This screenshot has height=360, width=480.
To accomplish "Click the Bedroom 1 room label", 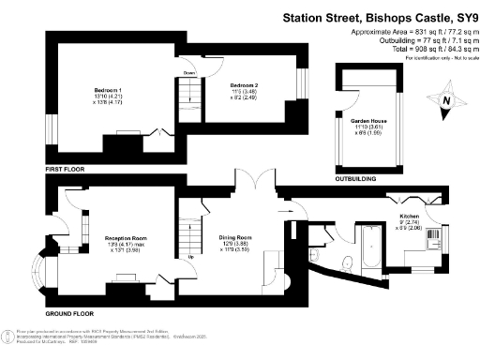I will pos(114,89).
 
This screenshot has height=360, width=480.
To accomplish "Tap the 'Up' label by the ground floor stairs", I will pos(191,256).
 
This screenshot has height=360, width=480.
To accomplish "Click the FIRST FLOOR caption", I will pos(65,169).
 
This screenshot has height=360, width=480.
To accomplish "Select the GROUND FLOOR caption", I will pos(70,307).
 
